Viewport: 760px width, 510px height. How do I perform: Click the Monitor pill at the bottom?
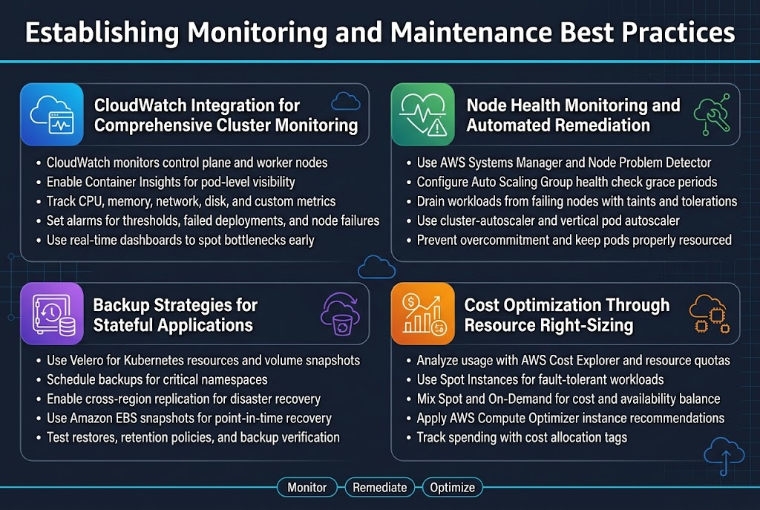307,488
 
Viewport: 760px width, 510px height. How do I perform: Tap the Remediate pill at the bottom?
380,488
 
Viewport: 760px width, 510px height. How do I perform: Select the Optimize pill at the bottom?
453,488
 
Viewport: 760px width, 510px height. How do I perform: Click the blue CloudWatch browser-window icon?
52,114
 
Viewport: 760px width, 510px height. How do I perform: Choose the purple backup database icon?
51,314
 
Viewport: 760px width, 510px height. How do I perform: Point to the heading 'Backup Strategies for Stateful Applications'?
175,315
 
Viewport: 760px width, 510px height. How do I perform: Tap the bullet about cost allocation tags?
522,437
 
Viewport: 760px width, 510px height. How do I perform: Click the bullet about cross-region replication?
183,399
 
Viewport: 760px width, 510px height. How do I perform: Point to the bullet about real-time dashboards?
180,240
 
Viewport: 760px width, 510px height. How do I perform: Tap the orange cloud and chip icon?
709,314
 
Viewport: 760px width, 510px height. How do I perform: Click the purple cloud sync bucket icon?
341,314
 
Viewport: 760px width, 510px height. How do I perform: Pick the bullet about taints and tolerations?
577,201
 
